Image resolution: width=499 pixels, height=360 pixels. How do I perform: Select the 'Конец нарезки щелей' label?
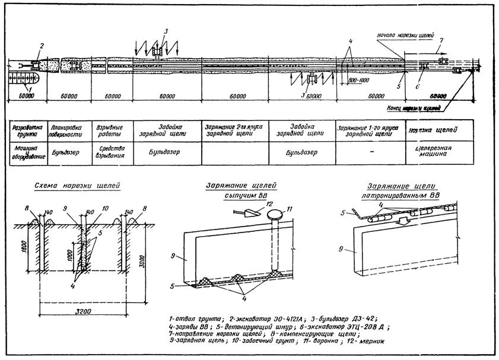[x=414, y=109]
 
